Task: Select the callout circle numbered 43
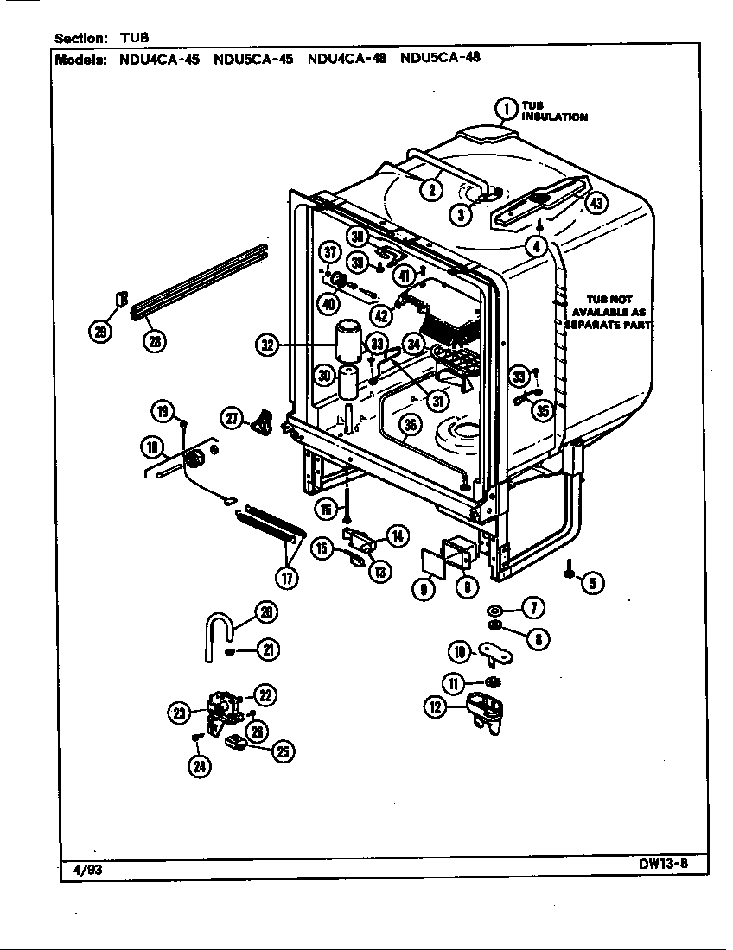pos(596,204)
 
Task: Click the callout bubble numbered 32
pos(268,346)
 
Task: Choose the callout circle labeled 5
pos(592,583)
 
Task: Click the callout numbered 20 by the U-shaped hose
pos(267,612)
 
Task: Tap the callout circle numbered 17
pos(287,576)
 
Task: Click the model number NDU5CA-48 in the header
pos(440,59)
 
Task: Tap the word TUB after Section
pos(133,38)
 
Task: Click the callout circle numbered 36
pos(411,424)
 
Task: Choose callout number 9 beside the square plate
pos(423,592)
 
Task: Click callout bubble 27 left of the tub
pos(232,418)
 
